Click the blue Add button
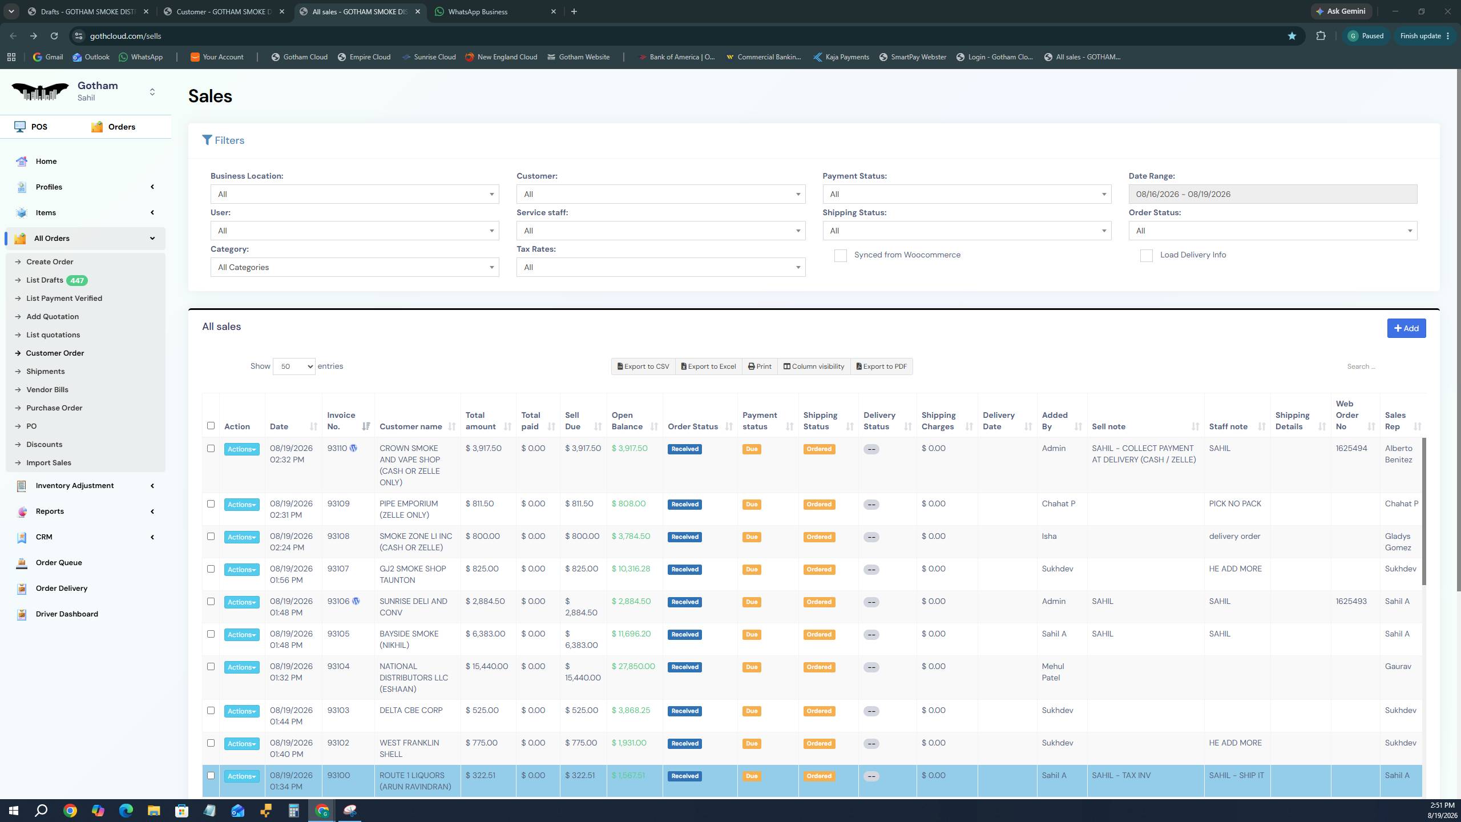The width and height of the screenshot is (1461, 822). (1406, 328)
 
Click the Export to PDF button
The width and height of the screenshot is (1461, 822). (881, 366)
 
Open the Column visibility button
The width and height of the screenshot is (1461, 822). (813, 366)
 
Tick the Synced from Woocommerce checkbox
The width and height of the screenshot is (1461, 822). (840, 255)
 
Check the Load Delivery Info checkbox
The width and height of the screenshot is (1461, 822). (1146, 255)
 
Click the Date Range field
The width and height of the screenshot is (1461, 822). (1273, 194)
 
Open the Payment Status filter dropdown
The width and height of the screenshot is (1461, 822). (967, 194)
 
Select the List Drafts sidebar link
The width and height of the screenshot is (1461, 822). (45, 280)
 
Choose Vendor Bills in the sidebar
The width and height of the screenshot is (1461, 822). (47, 390)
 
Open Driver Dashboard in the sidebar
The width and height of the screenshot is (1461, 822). (67, 614)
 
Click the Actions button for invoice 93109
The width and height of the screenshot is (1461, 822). (241, 505)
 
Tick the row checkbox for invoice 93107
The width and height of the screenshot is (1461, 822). (211, 569)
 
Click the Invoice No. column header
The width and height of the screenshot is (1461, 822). (341, 421)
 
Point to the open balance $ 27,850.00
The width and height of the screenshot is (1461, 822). (633, 667)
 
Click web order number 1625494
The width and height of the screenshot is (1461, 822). (1351, 449)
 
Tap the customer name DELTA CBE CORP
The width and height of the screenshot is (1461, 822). (411, 711)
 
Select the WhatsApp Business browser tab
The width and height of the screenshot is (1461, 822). (478, 11)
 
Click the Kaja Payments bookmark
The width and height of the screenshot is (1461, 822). (841, 57)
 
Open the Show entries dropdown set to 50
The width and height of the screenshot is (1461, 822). (294, 366)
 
